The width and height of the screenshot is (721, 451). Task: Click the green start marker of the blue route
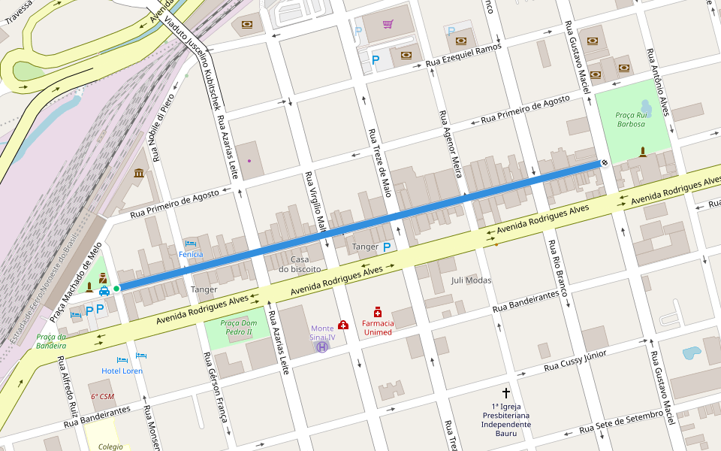click(116, 288)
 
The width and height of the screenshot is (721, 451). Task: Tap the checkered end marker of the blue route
click(605, 162)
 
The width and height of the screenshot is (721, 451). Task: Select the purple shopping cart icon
click(388, 24)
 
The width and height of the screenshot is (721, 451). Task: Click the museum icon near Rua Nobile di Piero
click(139, 174)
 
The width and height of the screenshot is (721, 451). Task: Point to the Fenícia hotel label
click(191, 254)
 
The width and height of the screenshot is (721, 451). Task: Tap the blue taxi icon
click(104, 290)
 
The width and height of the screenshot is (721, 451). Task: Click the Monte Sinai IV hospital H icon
click(322, 347)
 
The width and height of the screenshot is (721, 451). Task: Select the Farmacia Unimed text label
click(378, 328)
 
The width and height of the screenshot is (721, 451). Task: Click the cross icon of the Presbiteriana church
click(505, 393)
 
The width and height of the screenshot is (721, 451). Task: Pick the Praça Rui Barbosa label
click(631, 120)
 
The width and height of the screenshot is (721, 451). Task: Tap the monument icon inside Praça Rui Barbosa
click(643, 153)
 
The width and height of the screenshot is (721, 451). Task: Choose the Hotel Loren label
click(122, 371)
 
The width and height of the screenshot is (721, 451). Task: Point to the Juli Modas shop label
click(471, 280)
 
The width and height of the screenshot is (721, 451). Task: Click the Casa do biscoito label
click(300, 264)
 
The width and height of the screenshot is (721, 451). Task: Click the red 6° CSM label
click(102, 396)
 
